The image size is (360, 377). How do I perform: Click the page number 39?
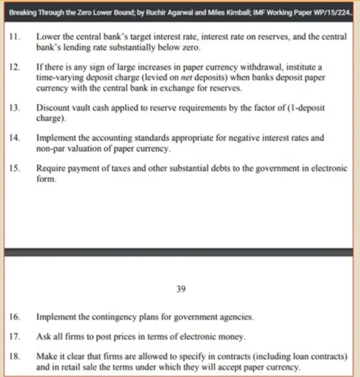181,288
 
